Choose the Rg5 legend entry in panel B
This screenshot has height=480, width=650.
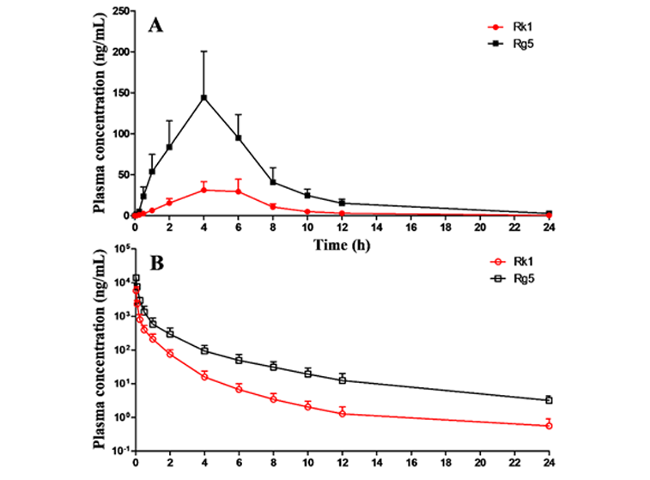coord(525,280)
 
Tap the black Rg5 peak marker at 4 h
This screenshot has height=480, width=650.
coord(204,97)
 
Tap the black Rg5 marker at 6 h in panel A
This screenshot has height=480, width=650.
coord(238,137)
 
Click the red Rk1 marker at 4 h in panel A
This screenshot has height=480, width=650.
coord(204,189)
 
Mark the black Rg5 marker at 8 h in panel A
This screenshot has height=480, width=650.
coord(273,181)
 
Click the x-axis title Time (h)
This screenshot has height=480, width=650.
coord(342,246)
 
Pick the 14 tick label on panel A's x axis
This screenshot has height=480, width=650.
coord(377,228)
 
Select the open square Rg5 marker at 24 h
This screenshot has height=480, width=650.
coord(550,400)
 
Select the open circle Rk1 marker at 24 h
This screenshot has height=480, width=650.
coord(550,426)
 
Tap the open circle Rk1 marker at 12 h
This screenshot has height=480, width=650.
coord(342,414)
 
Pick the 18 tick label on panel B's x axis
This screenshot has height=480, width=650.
coord(446,461)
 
